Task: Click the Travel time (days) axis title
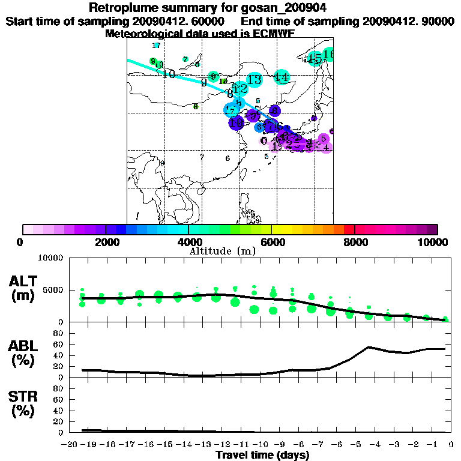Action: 262,456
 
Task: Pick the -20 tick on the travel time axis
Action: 70,444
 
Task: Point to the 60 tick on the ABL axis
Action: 58,344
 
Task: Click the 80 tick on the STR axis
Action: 58,388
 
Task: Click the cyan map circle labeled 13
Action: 255,79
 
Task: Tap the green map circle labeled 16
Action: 328,55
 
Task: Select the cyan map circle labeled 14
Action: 282,77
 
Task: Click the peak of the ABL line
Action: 369,347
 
